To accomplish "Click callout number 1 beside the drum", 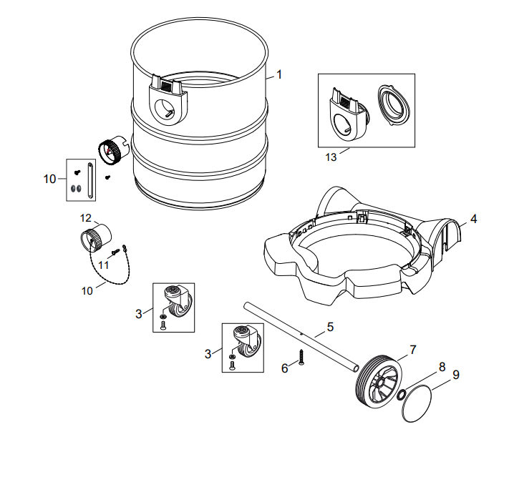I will [x=279, y=74].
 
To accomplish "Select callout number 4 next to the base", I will [x=473, y=219].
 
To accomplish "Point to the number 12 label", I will [x=85, y=217].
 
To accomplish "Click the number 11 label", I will [x=103, y=264].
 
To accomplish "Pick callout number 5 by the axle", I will [x=330, y=327].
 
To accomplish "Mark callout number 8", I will [x=442, y=366].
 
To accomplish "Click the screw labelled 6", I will [x=301, y=356].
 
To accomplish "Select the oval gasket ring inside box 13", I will [x=391, y=104].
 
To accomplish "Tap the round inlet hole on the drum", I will [x=167, y=111].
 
